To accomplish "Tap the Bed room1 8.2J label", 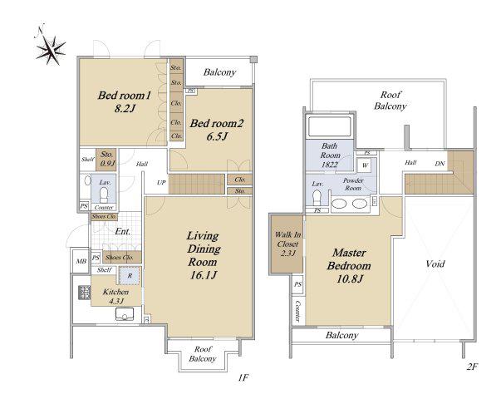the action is tap(125, 101).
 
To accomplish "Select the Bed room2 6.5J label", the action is tap(217, 130).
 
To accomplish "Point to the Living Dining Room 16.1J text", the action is tap(204, 255).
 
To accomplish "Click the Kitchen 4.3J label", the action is tap(115, 296).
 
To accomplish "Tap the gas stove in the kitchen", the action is tap(85, 293).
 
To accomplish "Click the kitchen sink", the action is tap(125, 314).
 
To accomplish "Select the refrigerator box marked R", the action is tap(130, 275).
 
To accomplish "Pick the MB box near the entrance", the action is tap(81, 261).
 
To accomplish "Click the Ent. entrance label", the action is tap(123, 231).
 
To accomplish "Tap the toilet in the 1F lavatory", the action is tap(104, 195).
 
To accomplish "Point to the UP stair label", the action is tap(161, 183).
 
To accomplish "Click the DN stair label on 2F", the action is tap(440, 164).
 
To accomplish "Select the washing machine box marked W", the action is tap(366, 165).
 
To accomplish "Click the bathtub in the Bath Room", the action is tap(329, 126).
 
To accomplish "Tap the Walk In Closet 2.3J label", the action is tap(287, 244).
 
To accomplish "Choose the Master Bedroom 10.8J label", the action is tap(349, 266).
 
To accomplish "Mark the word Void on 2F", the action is tap(435, 264).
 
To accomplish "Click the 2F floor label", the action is tap(472, 367).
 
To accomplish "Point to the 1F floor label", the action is tap(243, 377).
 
